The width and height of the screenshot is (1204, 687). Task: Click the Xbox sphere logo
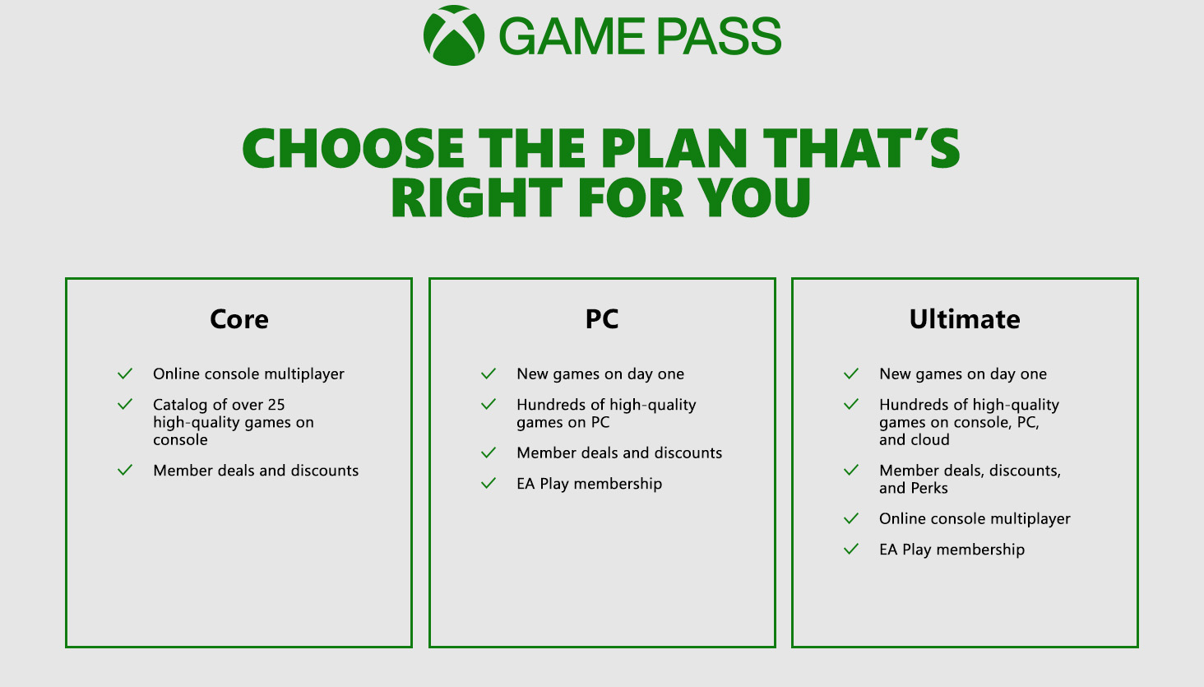tap(454, 35)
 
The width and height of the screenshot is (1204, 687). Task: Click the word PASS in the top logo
tap(719, 36)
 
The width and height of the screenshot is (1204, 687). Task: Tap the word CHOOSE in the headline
tap(353, 148)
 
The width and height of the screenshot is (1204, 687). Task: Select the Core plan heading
tap(239, 319)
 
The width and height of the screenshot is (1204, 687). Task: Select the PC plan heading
tap(602, 318)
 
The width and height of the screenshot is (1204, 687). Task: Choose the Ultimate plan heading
tap(965, 319)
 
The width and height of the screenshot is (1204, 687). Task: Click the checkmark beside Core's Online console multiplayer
tap(125, 374)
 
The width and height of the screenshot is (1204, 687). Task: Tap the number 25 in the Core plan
tap(276, 404)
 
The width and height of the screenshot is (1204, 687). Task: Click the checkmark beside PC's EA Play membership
tap(489, 483)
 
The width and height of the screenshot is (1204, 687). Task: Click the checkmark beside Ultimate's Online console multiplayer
tap(851, 518)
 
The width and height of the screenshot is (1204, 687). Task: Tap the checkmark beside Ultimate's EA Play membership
tap(851, 549)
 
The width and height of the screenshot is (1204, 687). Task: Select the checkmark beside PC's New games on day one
tap(489, 374)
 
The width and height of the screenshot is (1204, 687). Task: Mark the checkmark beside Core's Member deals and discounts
tap(125, 470)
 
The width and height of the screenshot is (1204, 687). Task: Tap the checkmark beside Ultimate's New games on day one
tap(851, 374)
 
